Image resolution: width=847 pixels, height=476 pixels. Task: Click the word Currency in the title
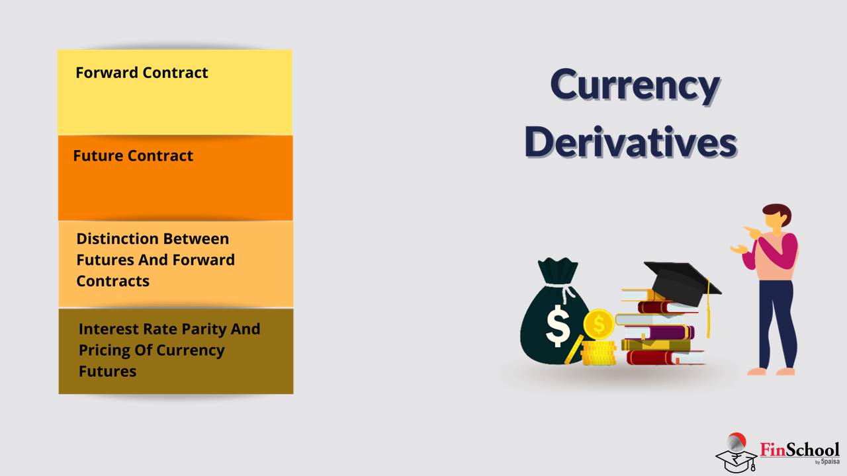click(635, 87)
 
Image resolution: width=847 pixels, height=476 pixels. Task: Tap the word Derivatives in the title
click(631, 142)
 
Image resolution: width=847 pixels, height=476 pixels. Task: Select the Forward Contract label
click(142, 73)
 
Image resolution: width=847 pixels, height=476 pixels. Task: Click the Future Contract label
click(133, 155)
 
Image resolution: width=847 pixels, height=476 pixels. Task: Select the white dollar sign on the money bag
click(558, 326)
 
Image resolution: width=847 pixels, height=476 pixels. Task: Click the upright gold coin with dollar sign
click(598, 324)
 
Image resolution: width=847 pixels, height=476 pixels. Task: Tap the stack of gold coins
click(599, 352)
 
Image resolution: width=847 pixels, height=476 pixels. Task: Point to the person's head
click(777, 216)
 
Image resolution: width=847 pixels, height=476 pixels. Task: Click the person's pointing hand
click(751, 232)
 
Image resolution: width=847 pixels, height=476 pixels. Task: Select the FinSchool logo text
click(800, 450)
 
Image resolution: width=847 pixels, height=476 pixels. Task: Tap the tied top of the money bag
click(558, 271)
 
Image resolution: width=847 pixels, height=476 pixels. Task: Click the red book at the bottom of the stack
click(665, 358)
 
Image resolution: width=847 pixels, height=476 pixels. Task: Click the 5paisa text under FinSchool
click(830, 461)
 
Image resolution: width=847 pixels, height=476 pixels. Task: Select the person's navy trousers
click(777, 324)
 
